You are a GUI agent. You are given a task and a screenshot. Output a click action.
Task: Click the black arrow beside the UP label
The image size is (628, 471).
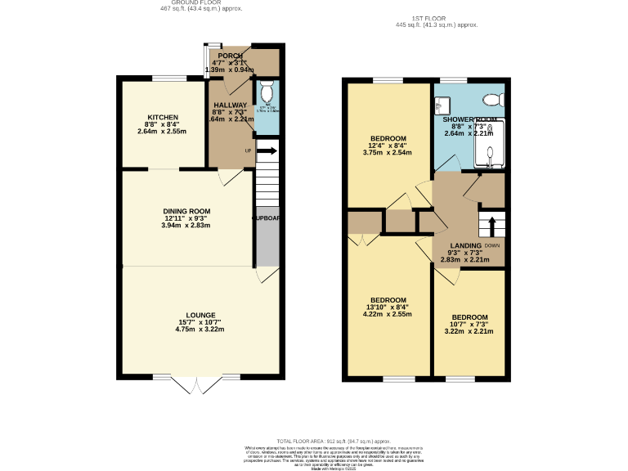coord(267,150)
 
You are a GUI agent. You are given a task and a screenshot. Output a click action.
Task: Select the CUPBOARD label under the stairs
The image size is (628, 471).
coord(267,218)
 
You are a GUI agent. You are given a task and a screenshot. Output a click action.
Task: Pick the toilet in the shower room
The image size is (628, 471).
coord(492,100)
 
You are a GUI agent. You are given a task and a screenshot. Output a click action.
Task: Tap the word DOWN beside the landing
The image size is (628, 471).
coord(492,245)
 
